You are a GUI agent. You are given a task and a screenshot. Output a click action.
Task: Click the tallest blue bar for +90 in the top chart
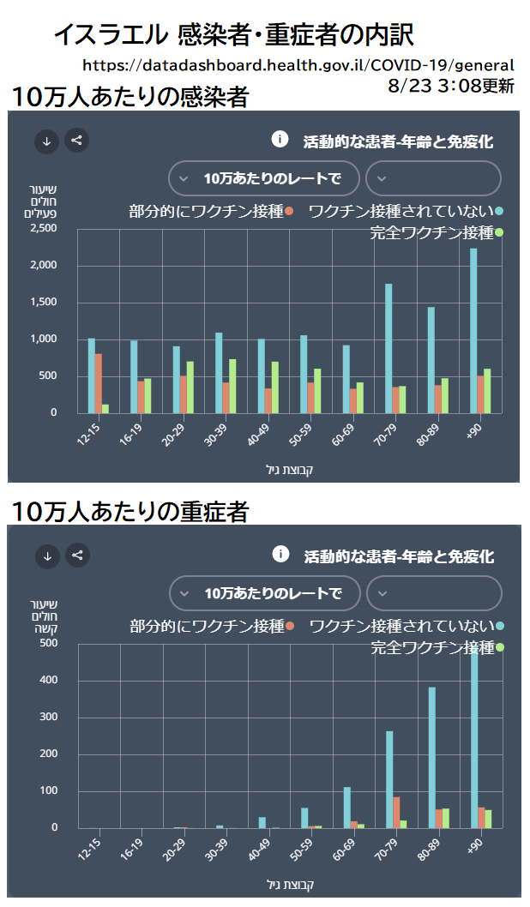(473, 330)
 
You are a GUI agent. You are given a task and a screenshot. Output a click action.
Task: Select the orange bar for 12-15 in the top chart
(99, 382)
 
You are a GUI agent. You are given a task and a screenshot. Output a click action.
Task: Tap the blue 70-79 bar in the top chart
(388, 348)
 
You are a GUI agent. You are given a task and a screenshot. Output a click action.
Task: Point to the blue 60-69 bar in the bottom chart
(347, 807)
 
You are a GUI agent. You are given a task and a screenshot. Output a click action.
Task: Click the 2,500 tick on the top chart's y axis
(42, 228)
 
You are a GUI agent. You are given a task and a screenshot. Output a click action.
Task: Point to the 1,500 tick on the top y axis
(42, 302)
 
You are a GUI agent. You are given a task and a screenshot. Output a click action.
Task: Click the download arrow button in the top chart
(46, 141)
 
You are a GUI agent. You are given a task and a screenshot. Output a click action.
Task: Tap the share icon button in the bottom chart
(77, 556)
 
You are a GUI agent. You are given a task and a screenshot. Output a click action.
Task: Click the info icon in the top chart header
(279, 139)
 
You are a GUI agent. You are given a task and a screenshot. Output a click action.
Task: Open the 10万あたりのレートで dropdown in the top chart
(262, 178)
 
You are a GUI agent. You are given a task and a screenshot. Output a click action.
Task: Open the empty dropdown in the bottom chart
(433, 593)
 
